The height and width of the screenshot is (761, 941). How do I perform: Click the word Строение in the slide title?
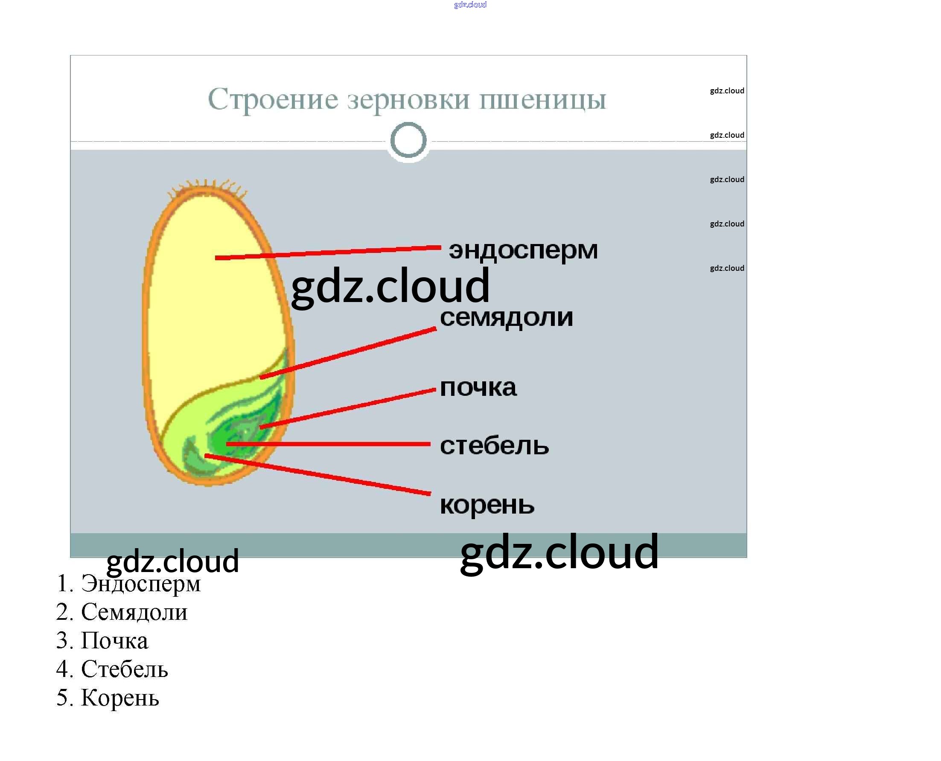click(x=273, y=99)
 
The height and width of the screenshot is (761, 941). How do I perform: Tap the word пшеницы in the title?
click(x=542, y=100)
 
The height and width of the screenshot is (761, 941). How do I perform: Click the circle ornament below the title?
click(x=408, y=140)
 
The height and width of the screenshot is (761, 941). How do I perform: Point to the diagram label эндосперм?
click(x=523, y=250)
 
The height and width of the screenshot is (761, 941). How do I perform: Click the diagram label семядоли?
click(x=507, y=317)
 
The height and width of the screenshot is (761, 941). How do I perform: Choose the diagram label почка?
click(x=478, y=387)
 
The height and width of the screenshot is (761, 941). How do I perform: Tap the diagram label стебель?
click(x=494, y=445)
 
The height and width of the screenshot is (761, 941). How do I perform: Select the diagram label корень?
click(x=487, y=505)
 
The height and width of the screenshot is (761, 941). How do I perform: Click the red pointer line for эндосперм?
click(x=329, y=253)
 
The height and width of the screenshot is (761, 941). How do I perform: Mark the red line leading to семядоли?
click(x=349, y=352)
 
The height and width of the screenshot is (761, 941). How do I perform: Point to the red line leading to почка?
click(x=349, y=408)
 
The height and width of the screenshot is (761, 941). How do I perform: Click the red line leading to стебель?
click(x=329, y=444)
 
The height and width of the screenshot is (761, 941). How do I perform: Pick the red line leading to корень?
click(x=318, y=475)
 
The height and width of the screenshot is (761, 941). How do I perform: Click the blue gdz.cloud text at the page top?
click(x=470, y=5)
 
